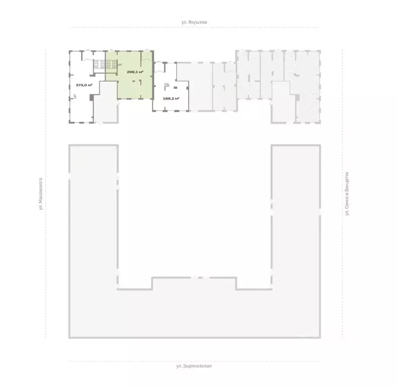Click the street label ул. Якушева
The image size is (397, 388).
[x=194, y=22]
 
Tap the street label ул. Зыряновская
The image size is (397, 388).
[x=194, y=366]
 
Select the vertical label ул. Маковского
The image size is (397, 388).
[x=40, y=193]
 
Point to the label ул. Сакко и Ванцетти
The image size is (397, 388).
[x=347, y=193]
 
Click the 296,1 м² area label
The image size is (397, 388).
[x=135, y=72]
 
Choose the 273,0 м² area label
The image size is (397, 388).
[x=84, y=85]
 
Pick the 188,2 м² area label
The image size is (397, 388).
[x=171, y=99]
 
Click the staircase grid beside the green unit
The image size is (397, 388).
[x=105, y=64]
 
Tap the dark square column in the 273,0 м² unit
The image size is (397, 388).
[x=92, y=98]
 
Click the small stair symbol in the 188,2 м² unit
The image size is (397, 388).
[x=166, y=84]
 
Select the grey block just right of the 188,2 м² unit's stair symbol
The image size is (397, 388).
[x=175, y=88]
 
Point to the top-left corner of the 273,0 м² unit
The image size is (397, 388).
[x=69, y=52]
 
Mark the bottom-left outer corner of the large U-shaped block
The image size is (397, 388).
[x=69, y=337]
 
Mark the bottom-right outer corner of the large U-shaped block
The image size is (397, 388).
[x=320, y=337]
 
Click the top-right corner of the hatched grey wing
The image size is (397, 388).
[x=320, y=51]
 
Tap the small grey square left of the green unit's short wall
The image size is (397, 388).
[x=134, y=81]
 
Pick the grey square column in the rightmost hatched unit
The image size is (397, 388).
[x=297, y=98]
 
